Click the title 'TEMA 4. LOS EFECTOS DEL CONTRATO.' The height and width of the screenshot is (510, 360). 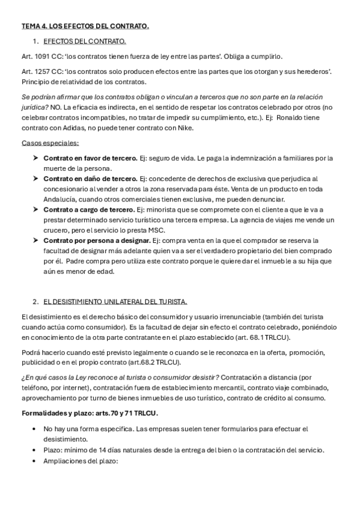pyautogui.click(x=85, y=26)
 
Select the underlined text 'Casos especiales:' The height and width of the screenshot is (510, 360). pyautogui.click(x=50, y=143)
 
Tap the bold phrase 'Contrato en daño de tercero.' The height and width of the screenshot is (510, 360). pyautogui.click(x=90, y=179)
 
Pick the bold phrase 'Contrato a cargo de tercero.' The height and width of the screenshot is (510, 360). pyautogui.click(x=89, y=209)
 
